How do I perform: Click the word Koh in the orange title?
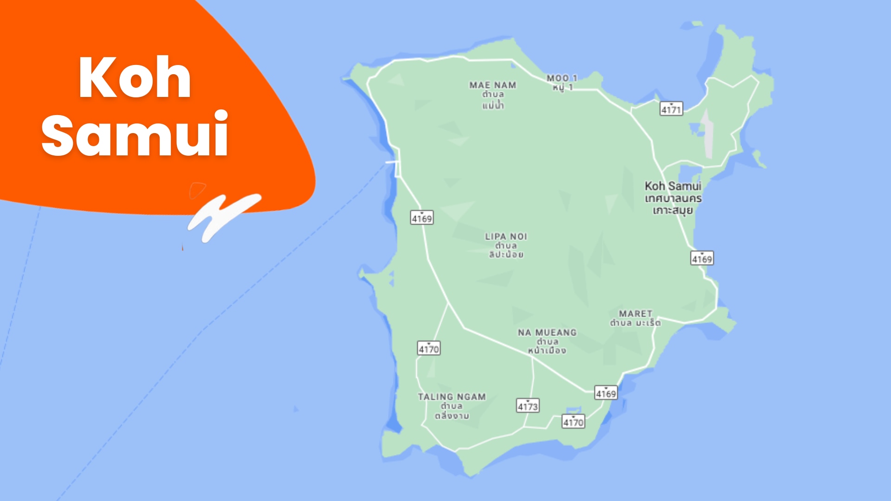(135, 77)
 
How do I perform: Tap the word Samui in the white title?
(135, 135)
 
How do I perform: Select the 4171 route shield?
(671, 109)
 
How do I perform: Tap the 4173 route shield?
(528, 406)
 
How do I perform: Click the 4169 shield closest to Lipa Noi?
(422, 218)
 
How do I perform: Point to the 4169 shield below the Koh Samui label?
(702, 258)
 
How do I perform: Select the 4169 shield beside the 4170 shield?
(606, 393)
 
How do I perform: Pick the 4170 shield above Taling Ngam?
(428, 348)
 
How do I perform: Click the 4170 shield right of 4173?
(573, 422)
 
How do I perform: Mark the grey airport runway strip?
(707, 135)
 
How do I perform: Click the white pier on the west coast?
(392, 162)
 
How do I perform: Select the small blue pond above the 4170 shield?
(573, 410)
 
